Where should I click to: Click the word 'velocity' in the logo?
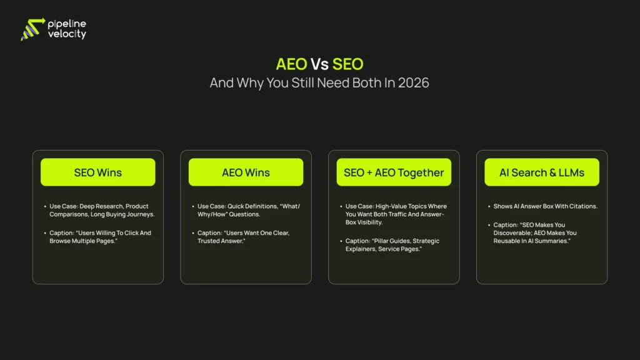67,35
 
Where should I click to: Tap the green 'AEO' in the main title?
291,64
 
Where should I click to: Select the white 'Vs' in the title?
319,64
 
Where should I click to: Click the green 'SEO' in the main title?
347,64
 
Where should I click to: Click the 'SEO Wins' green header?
97,172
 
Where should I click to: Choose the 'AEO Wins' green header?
246,172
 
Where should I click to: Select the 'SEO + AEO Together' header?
394,172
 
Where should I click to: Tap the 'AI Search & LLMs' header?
542,172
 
